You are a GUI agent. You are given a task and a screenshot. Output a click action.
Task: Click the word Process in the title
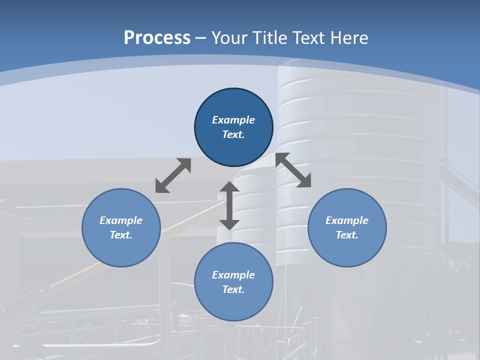(x=157, y=38)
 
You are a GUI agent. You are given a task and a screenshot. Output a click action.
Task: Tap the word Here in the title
(x=349, y=38)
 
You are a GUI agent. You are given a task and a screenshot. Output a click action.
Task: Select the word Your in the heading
(x=229, y=38)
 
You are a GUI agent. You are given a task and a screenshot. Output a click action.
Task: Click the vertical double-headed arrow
(x=229, y=205)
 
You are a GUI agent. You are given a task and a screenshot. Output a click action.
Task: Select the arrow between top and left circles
(x=173, y=175)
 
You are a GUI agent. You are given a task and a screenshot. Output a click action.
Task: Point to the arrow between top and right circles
(x=293, y=170)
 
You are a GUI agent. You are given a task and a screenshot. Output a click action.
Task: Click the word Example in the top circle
(x=233, y=120)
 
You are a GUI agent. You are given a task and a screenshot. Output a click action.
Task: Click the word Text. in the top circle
(x=233, y=134)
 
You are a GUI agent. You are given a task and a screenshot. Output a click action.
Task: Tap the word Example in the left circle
(x=121, y=220)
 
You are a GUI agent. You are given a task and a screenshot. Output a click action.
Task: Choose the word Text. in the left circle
(x=121, y=235)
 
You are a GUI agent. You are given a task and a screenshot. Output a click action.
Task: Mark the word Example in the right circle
(x=347, y=220)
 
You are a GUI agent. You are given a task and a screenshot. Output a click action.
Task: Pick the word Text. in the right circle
(x=347, y=235)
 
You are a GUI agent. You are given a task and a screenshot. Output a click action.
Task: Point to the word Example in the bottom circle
(x=233, y=275)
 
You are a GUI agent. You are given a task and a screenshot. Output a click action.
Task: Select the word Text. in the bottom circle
(x=233, y=289)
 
